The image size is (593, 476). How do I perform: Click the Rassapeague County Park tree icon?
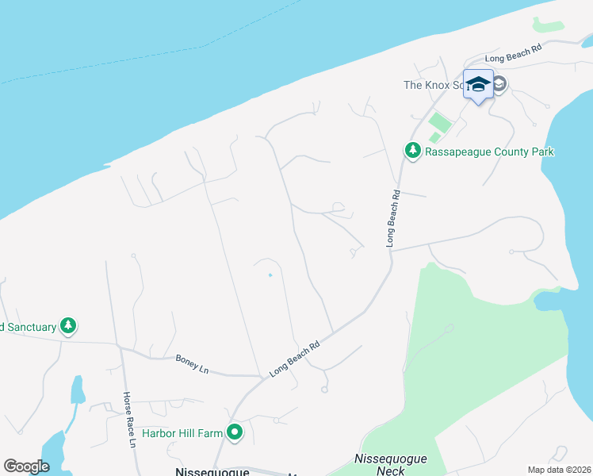pos(412,150)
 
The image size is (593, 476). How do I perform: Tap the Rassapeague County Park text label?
pos(489,152)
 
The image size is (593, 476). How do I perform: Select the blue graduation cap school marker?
pos(478,84)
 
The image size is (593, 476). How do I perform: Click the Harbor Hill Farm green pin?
pos(235,432)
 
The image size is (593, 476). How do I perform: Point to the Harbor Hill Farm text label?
pos(182,433)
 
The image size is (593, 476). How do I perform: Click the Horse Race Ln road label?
pos(128,420)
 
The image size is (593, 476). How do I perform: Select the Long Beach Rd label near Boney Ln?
pos(294,358)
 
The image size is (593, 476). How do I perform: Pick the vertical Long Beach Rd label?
pos(391,217)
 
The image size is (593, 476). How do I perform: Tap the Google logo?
pos(26,466)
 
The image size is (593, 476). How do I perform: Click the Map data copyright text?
pos(559,470)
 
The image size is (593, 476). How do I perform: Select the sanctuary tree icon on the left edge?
pos(69,325)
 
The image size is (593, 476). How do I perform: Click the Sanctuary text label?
pos(28,326)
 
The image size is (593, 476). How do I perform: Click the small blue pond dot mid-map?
pos(270,275)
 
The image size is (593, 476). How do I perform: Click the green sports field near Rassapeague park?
pos(438,123)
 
